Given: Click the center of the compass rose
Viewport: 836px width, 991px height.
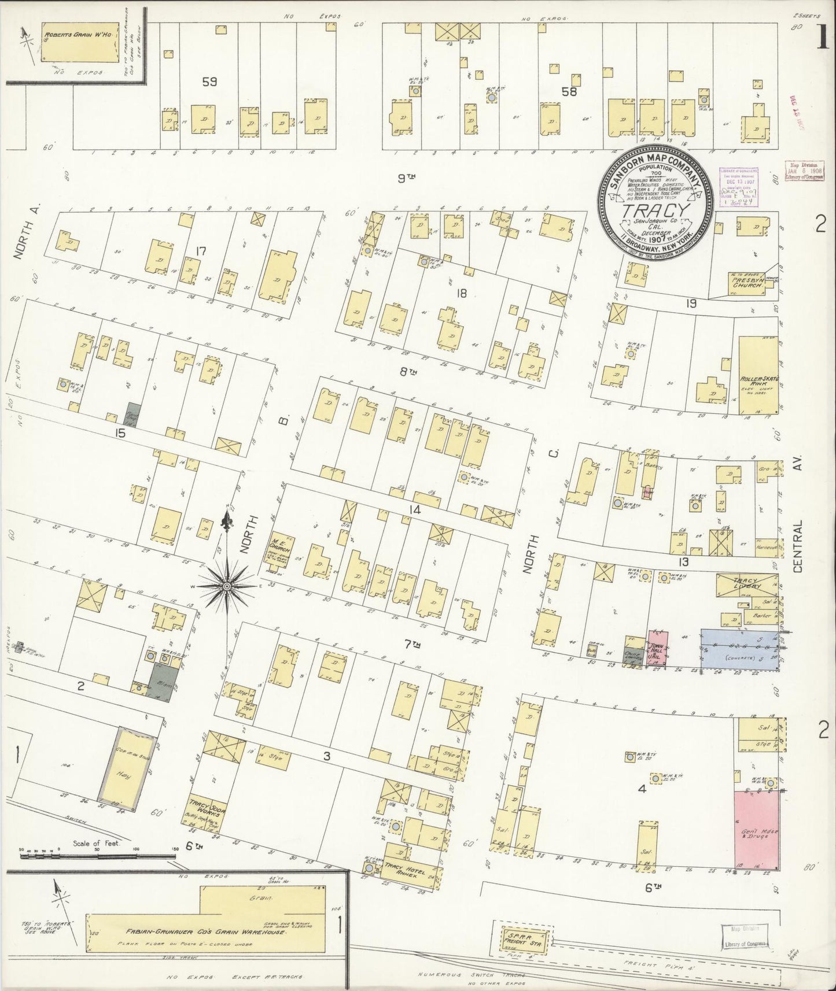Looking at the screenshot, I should (227, 586).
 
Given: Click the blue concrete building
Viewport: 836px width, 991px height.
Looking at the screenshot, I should (739, 649).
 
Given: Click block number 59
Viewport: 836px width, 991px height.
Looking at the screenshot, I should (209, 82).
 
